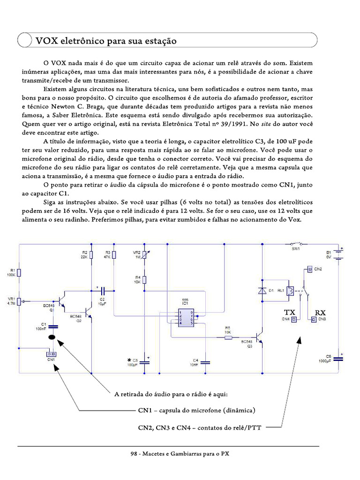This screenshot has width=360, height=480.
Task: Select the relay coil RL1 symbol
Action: pos(291,291)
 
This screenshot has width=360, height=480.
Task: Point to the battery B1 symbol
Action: pos(339,255)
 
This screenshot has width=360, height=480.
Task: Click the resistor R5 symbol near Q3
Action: pos(228,337)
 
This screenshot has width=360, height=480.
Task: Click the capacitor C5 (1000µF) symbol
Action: pos(338,359)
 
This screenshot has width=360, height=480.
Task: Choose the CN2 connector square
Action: pos(309,269)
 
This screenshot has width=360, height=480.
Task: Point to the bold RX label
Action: pos(320,312)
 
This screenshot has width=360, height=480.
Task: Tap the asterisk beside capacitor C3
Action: pos(129,360)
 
